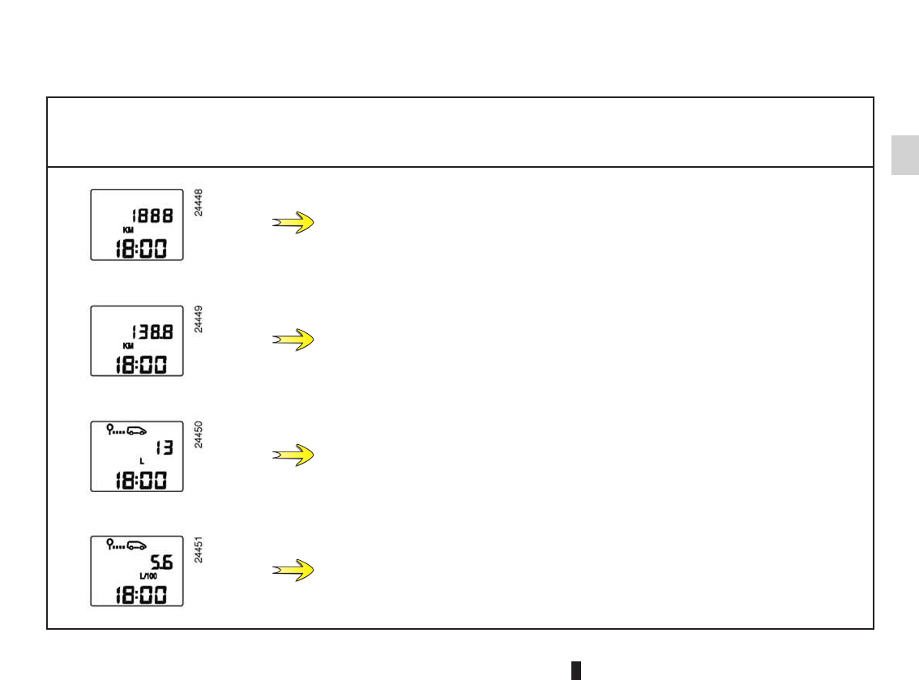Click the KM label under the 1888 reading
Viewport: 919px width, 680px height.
(x=128, y=230)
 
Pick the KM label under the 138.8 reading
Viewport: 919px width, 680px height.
(x=128, y=345)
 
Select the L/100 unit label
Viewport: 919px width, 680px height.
(x=147, y=576)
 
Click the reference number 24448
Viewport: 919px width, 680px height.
(x=199, y=203)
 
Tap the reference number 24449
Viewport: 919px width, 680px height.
(x=199, y=319)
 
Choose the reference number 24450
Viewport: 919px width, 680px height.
(x=199, y=435)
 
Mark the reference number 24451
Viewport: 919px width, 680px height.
(x=199, y=549)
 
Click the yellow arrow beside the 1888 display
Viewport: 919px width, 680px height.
(x=293, y=223)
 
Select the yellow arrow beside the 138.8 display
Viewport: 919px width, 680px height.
(x=293, y=340)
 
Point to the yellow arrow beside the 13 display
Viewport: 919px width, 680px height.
(x=293, y=455)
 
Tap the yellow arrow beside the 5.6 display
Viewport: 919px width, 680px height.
(x=293, y=571)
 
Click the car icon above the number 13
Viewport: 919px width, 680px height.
(x=138, y=430)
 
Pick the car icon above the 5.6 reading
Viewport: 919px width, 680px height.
(x=138, y=545)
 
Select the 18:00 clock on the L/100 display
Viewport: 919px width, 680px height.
(x=136, y=593)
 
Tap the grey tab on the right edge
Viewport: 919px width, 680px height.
(x=905, y=155)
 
